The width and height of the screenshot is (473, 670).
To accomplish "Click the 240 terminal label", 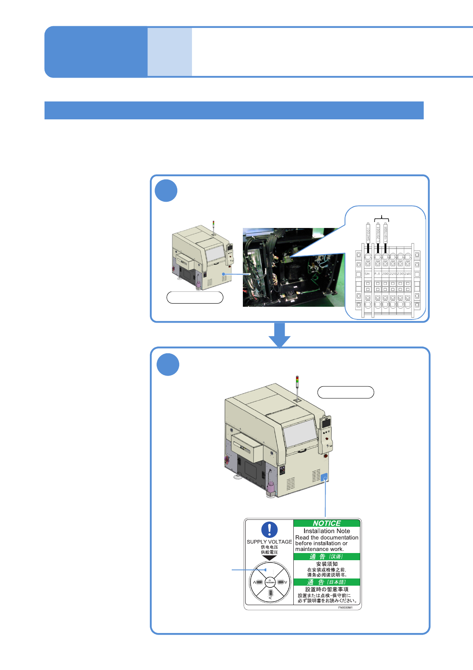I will [x=408, y=274].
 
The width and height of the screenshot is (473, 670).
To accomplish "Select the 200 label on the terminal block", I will [x=385, y=274].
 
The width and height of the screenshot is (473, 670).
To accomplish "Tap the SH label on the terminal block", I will [x=367, y=274].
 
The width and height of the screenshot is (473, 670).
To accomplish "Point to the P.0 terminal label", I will [x=377, y=274].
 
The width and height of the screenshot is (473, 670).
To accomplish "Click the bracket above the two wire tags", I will [x=382, y=218].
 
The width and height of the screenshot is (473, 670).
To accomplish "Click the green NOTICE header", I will [x=327, y=523].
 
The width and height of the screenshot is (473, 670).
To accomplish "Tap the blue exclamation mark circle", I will [x=269, y=530].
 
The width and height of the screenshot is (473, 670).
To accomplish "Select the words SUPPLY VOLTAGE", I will [x=269, y=542].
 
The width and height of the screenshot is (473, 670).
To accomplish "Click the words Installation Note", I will [x=327, y=531].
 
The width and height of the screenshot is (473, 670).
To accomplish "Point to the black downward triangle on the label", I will [x=269, y=558].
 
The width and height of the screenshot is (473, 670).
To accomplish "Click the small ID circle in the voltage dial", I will [x=270, y=582].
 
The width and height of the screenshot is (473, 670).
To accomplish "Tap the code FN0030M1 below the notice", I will [x=345, y=608].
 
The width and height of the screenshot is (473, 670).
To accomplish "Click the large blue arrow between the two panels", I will [x=280, y=335].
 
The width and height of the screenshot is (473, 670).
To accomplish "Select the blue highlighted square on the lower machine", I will [x=324, y=477].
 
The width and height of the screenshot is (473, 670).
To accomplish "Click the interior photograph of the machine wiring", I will [x=294, y=267].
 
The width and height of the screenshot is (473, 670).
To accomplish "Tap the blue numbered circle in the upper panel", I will [x=166, y=191].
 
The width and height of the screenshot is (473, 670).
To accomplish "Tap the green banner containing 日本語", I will [x=327, y=582].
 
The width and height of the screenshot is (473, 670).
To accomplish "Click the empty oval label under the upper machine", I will [x=195, y=297].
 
